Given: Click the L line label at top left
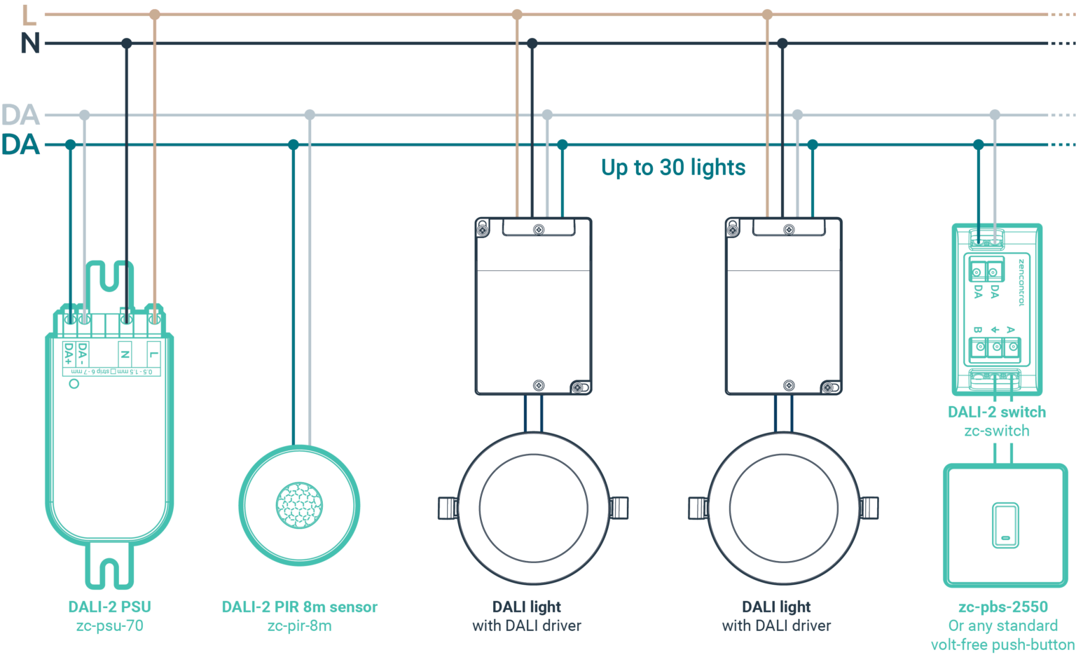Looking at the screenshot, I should coord(29,15).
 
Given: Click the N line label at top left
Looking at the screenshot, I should coord(30,43).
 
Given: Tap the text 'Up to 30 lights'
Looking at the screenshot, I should coord(673,167).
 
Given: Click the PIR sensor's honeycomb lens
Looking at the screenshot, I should coord(300,504).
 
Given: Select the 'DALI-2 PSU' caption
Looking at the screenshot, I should coord(109,607).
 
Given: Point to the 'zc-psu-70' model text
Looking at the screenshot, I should coord(109,625).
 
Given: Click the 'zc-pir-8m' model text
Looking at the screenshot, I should coord(300,625).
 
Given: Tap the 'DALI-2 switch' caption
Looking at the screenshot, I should coord(997,412).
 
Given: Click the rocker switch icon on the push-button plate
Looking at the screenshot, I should coord(1005,525).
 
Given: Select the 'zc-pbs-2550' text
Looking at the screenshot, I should coord(1003,607).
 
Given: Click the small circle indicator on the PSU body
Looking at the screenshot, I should coord(74,384).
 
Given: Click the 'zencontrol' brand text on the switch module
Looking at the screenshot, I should coord(1021,282).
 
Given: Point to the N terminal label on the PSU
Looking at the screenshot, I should coord(125,354).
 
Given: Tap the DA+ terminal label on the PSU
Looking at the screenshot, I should coord(69,354).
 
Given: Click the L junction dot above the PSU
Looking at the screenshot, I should coord(155,14).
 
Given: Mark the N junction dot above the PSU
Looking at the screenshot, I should coord(126,43).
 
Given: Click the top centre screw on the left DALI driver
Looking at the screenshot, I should coord(539,229).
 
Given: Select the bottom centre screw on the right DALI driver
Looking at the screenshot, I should coord(789,385).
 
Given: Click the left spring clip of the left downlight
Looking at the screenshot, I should coord(447,508).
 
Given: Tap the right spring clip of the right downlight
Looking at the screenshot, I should coord(869,508).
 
